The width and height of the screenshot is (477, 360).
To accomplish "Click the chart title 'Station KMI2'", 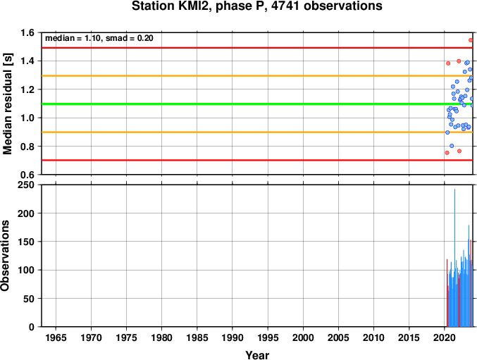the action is coord(171,6).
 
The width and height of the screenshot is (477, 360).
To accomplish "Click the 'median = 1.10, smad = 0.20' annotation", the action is coord(99,38).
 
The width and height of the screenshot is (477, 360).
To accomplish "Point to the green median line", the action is coord(257,104).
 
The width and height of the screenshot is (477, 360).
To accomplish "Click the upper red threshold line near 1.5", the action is coord(257,48).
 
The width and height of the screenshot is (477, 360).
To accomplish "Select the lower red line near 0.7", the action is coord(257,160).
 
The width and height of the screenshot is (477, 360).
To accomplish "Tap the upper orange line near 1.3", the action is coord(257,75).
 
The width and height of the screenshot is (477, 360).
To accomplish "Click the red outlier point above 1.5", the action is coord(471,40).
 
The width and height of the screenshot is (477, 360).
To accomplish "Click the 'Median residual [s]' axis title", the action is coord(8,104).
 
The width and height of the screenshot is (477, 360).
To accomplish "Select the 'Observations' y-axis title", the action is coord(5,256).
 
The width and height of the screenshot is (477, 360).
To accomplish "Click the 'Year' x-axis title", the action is coord(257,355).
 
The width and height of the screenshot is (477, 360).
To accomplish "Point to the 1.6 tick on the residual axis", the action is coord(27,32).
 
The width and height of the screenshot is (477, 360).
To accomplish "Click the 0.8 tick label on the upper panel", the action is coord(27,147).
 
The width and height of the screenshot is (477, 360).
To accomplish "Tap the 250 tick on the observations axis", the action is coord(27,185).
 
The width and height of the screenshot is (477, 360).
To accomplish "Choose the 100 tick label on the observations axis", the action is coord(27,270).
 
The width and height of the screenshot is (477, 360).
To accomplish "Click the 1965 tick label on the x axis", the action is coord(56,337).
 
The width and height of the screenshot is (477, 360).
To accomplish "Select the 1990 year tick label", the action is coord(233,337).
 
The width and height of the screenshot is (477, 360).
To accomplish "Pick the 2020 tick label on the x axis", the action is coord(445,337).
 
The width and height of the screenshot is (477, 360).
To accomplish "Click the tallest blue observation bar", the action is coord(454,258).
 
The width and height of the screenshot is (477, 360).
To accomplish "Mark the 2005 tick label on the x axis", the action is coord(338,337).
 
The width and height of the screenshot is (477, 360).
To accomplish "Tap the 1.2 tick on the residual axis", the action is coord(27,89).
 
